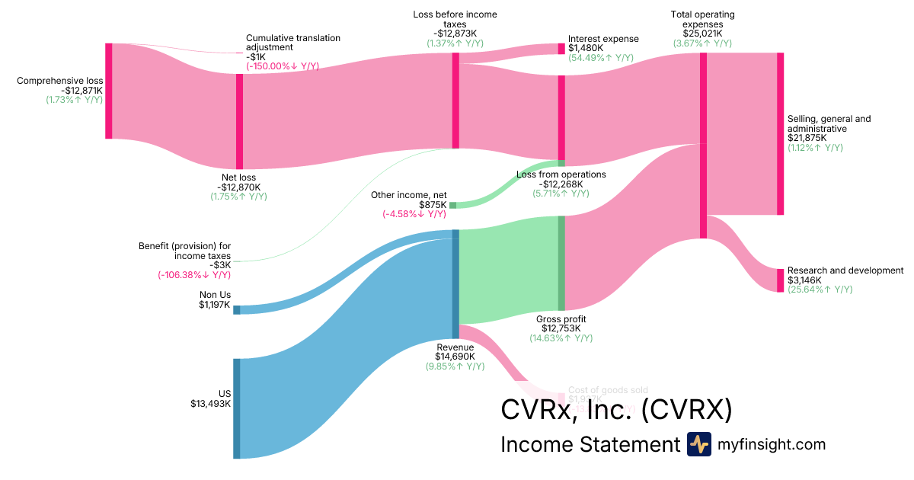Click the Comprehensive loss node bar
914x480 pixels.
[x=109, y=91]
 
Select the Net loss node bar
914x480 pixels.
[x=239, y=121]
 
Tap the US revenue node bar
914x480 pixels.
[x=236, y=408]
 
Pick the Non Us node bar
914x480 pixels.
[x=236, y=309]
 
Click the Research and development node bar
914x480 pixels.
[x=780, y=280]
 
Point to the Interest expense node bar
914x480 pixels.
[x=561, y=49]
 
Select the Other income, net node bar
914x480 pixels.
[x=452, y=205]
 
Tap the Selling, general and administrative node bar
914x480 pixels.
[x=780, y=134]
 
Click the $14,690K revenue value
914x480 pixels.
[x=455, y=356]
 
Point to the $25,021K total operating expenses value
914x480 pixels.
[x=702, y=34]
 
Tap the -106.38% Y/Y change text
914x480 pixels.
[x=194, y=275]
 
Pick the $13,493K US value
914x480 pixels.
[x=210, y=404]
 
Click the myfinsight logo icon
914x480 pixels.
[x=698, y=444]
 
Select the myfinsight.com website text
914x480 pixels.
[x=772, y=444]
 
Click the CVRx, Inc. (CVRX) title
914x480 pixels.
[x=615, y=410]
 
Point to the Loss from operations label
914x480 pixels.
[x=561, y=174]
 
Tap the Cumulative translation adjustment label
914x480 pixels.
[x=292, y=42]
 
